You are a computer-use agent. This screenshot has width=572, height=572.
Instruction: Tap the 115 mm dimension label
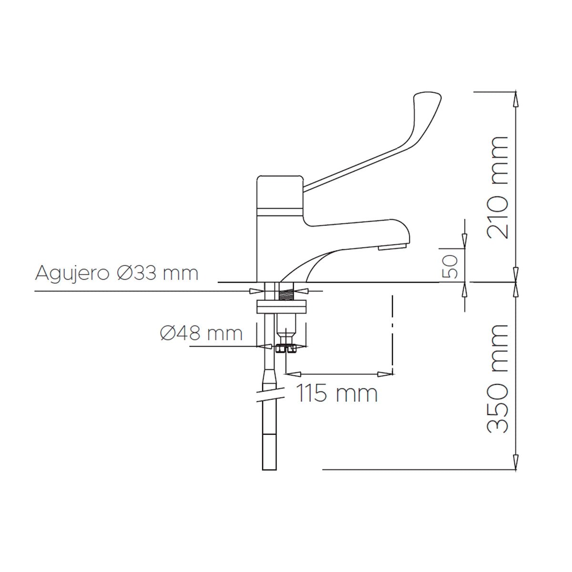[x=337, y=394]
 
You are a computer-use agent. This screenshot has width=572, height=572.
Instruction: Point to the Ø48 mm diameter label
[x=201, y=334]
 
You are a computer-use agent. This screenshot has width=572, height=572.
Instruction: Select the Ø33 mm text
[x=157, y=274]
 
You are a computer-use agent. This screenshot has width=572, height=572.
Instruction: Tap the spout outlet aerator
[x=391, y=247]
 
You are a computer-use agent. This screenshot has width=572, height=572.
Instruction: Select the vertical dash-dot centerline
[x=392, y=334]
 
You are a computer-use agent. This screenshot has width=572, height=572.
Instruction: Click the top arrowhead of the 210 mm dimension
[x=515, y=95]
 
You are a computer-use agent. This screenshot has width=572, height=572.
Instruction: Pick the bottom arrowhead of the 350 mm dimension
[x=515, y=465]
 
